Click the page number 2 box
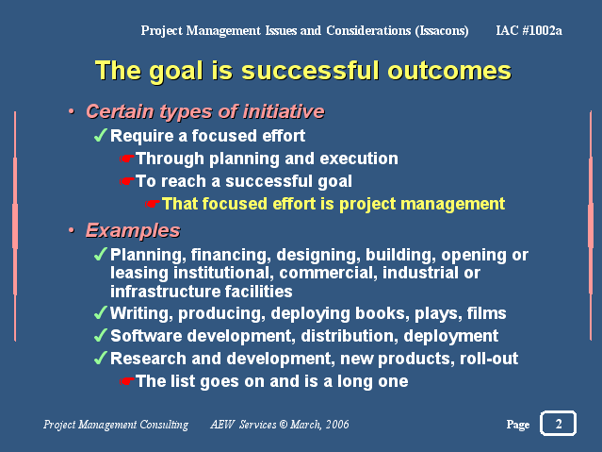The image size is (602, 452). coord(558,424)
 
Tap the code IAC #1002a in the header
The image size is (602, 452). coord(529,30)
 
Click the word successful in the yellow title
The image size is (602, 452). coord(312,71)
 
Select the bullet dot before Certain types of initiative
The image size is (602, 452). coord(72,111)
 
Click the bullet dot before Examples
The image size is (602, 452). coord(72,230)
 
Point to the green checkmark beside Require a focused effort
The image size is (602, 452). coord(100,135)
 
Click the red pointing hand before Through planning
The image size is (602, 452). coord(126,159)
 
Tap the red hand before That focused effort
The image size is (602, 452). coord(153,204)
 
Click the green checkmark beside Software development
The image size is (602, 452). coord(100,335)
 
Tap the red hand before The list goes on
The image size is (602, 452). coord(126,381)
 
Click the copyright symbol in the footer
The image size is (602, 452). coord(284,425)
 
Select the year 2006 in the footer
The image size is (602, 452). coord(337,425)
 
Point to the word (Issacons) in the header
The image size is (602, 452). coord(442,31)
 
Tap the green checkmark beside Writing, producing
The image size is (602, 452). coord(100,312)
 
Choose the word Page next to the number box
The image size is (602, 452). coord(518,425)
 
